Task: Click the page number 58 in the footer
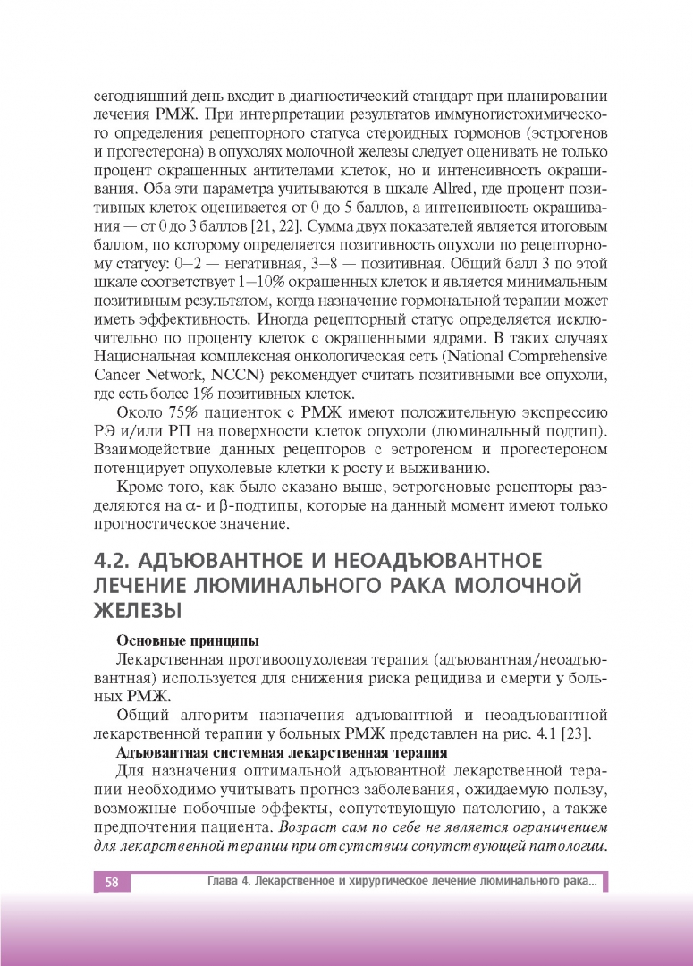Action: (112, 883)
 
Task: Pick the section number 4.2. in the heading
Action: (113, 561)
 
